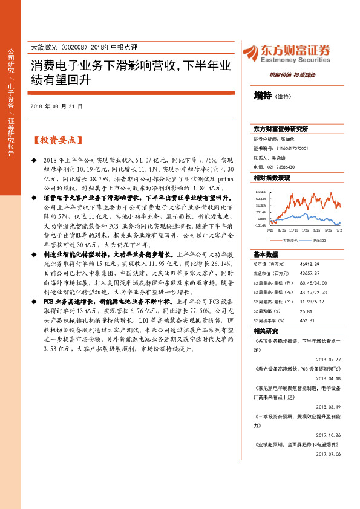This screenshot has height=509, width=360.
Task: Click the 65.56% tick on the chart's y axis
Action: click(x=261, y=191)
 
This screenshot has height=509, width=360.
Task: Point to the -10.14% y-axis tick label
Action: click(x=261, y=225)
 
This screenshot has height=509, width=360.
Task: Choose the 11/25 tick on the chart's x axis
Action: click(x=293, y=230)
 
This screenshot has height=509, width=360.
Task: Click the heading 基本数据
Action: click(x=266, y=254)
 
